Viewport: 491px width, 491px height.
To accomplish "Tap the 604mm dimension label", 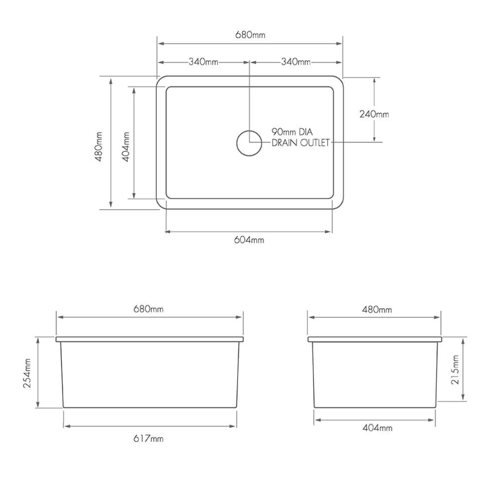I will (249, 240).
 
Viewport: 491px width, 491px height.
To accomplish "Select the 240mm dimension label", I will (374, 114).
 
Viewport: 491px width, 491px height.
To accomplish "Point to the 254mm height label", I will (27, 372).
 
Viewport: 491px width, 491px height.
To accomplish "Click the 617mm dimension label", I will (149, 439).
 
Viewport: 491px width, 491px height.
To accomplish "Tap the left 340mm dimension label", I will (204, 62).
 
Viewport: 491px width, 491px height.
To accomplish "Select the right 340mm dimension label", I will (296, 62).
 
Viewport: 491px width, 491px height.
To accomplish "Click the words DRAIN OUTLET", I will (300, 143).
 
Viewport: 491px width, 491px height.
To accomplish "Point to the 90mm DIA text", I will (291, 132).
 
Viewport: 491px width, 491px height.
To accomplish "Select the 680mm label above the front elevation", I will (149, 310).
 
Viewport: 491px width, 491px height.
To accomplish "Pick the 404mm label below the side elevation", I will (377, 428).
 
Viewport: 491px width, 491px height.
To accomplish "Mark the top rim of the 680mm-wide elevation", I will (149, 339).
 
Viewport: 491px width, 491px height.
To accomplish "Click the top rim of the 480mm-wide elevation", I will (375, 339).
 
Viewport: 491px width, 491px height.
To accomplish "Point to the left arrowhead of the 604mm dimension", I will (167, 232).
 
